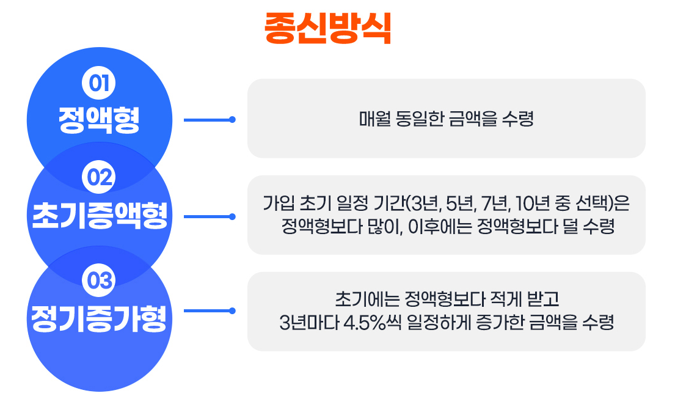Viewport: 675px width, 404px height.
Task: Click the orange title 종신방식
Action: (x=327, y=28)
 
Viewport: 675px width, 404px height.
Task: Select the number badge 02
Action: (x=98, y=178)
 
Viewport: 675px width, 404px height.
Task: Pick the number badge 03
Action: (x=98, y=281)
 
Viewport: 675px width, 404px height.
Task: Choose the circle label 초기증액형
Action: (x=99, y=216)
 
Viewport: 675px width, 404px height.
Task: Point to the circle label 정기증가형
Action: (x=99, y=317)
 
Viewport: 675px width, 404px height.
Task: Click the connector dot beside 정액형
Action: (x=232, y=120)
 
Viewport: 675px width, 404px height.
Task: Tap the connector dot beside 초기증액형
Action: (x=232, y=216)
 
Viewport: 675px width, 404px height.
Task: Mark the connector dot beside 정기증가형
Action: (x=232, y=311)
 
